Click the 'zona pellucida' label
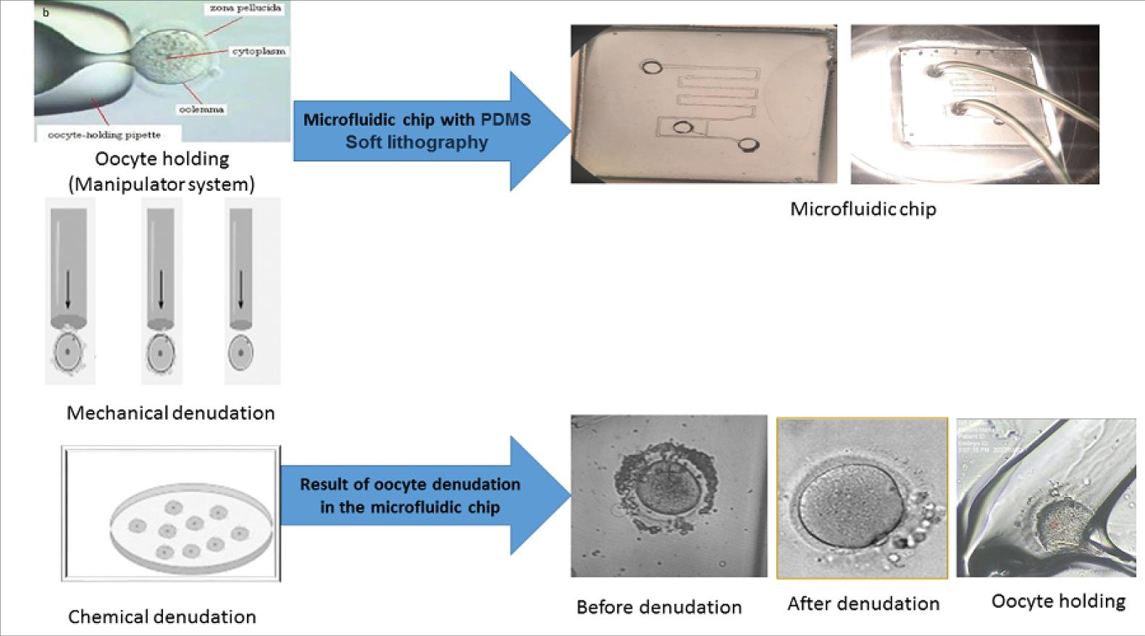coord(245,8)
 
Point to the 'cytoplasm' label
coord(259,51)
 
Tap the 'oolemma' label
coord(201,109)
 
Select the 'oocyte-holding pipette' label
coord(104,135)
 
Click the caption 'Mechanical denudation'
coord(170,412)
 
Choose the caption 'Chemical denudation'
coord(162,616)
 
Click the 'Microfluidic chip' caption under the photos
coord(863,208)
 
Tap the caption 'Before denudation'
coord(658,606)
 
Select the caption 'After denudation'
coord(863,603)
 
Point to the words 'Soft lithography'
coord(416,142)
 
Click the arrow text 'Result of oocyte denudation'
coord(410,484)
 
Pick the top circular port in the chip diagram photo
coord(652,68)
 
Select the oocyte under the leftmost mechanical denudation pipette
coord(68,352)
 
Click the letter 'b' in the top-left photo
coord(46,12)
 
